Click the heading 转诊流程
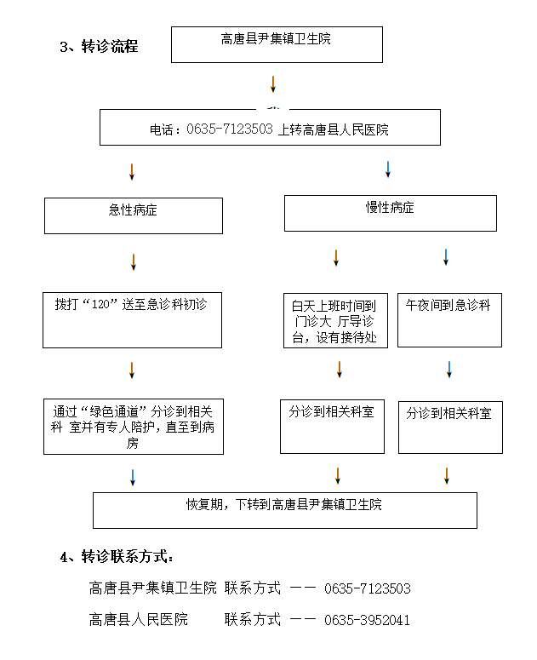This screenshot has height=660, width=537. [109, 47]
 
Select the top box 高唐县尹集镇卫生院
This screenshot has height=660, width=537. [277, 44]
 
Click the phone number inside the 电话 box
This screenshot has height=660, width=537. [230, 129]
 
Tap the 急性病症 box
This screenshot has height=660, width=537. [134, 215]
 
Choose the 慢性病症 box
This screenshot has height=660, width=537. [390, 213]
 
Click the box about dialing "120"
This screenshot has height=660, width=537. [132, 319]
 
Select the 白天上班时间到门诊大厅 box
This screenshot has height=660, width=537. [335, 321]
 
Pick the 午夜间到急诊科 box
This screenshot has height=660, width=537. [448, 319]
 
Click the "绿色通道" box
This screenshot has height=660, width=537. [133, 426]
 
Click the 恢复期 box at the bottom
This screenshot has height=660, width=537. [284, 509]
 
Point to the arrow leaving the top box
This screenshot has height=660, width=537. [273, 84]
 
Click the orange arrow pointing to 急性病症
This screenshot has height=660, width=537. [132, 170]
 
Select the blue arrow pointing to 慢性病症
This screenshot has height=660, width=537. [388, 169]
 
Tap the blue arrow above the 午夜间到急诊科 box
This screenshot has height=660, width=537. [446, 256]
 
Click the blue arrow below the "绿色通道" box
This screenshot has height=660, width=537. [133, 477]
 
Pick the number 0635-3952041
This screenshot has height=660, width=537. [368, 620]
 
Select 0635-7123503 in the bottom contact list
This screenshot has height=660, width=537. [368, 588]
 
